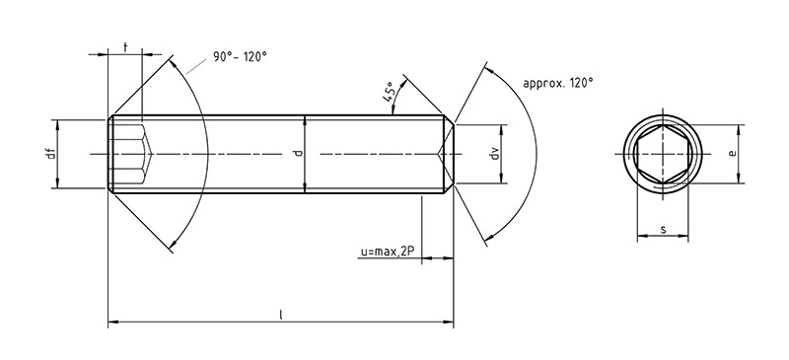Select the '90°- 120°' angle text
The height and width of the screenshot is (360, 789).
point(239,56)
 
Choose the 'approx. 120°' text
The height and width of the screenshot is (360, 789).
point(560,84)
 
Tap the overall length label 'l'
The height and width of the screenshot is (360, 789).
point(281,314)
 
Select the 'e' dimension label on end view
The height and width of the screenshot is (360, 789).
point(730,153)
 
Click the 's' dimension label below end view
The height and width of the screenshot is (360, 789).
point(663,230)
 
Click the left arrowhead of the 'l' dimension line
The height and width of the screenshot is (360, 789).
point(110,322)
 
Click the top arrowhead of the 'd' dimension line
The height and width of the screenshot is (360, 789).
point(305,121)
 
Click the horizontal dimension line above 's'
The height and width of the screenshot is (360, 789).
point(663,238)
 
